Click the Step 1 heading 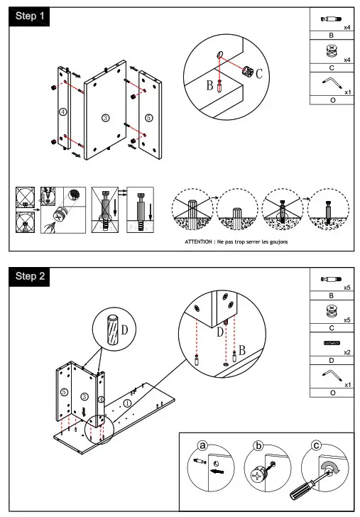[30, 16]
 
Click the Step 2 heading [30, 276]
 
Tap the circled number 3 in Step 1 [105, 118]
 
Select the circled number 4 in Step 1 [62, 111]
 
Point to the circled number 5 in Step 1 [148, 117]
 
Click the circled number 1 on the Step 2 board [127, 403]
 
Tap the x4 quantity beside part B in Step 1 [347, 28]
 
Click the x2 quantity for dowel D [347, 352]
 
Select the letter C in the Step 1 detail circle [259, 74]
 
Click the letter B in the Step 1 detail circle [209, 85]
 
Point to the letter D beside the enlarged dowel [124, 330]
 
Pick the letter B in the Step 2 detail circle [242, 350]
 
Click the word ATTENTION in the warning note [199, 241]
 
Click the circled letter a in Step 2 [202, 446]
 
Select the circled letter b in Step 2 [258, 446]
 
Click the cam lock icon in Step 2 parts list [332, 311]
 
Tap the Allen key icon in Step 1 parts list [332, 83]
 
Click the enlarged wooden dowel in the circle [112, 330]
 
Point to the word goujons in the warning [278, 242]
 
